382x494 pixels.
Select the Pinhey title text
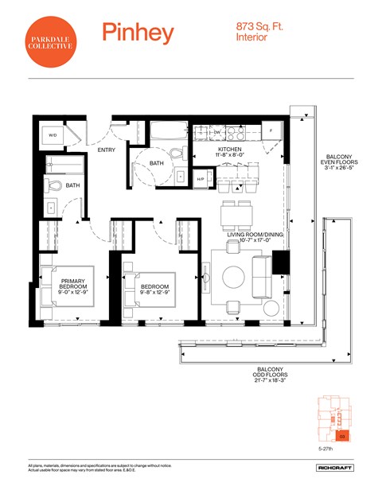coord(138,33)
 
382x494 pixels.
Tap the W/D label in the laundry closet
coord(53,135)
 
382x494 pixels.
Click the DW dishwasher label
coord(217,132)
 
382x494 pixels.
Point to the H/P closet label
coord(201,180)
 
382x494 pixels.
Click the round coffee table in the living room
coord(234,277)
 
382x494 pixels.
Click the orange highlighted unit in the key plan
coord(341,435)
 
